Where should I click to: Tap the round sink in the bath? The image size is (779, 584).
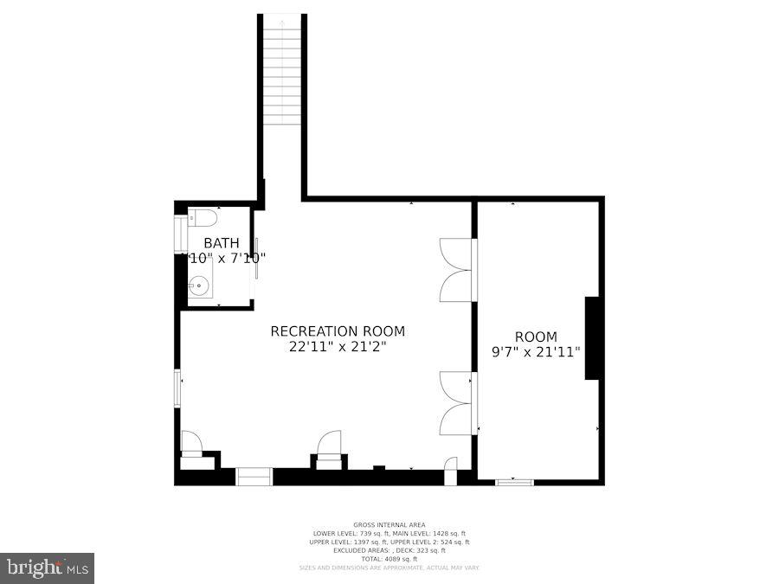pyautogui.click(x=200, y=283)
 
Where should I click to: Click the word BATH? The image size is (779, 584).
pyautogui.click(x=222, y=243)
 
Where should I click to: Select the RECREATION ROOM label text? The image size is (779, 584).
pyautogui.click(x=338, y=331)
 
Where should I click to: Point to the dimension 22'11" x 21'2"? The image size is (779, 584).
pyautogui.click(x=338, y=347)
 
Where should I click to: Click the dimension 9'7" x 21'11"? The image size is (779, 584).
pyautogui.click(x=536, y=352)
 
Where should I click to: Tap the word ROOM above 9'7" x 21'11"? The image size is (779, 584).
pyautogui.click(x=536, y=337)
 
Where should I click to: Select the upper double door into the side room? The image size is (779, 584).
pyautogui.click(x=457, y=269)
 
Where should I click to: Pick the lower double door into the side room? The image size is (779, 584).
pyautogui.click(x=457, y=402)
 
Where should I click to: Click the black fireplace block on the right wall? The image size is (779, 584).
pyautogui.click(x=594, y=337)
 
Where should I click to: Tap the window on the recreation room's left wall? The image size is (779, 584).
pyautogui.click(x=178, y=388)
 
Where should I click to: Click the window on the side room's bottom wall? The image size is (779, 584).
pyautogui.click(x=514, y=481)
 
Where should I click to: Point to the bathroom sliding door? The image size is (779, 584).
pyautogui.click(x=255, y=258)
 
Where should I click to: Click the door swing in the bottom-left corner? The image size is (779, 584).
pyautogui.click(x=190, y=442)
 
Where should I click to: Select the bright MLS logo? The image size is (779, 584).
pyautogui.click(x=48, y=568)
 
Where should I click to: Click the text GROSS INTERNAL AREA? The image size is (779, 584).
pyautogui.click(x=389, y=525)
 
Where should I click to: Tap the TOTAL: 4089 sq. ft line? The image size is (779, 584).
pyautogui.click(x=389, y=558)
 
